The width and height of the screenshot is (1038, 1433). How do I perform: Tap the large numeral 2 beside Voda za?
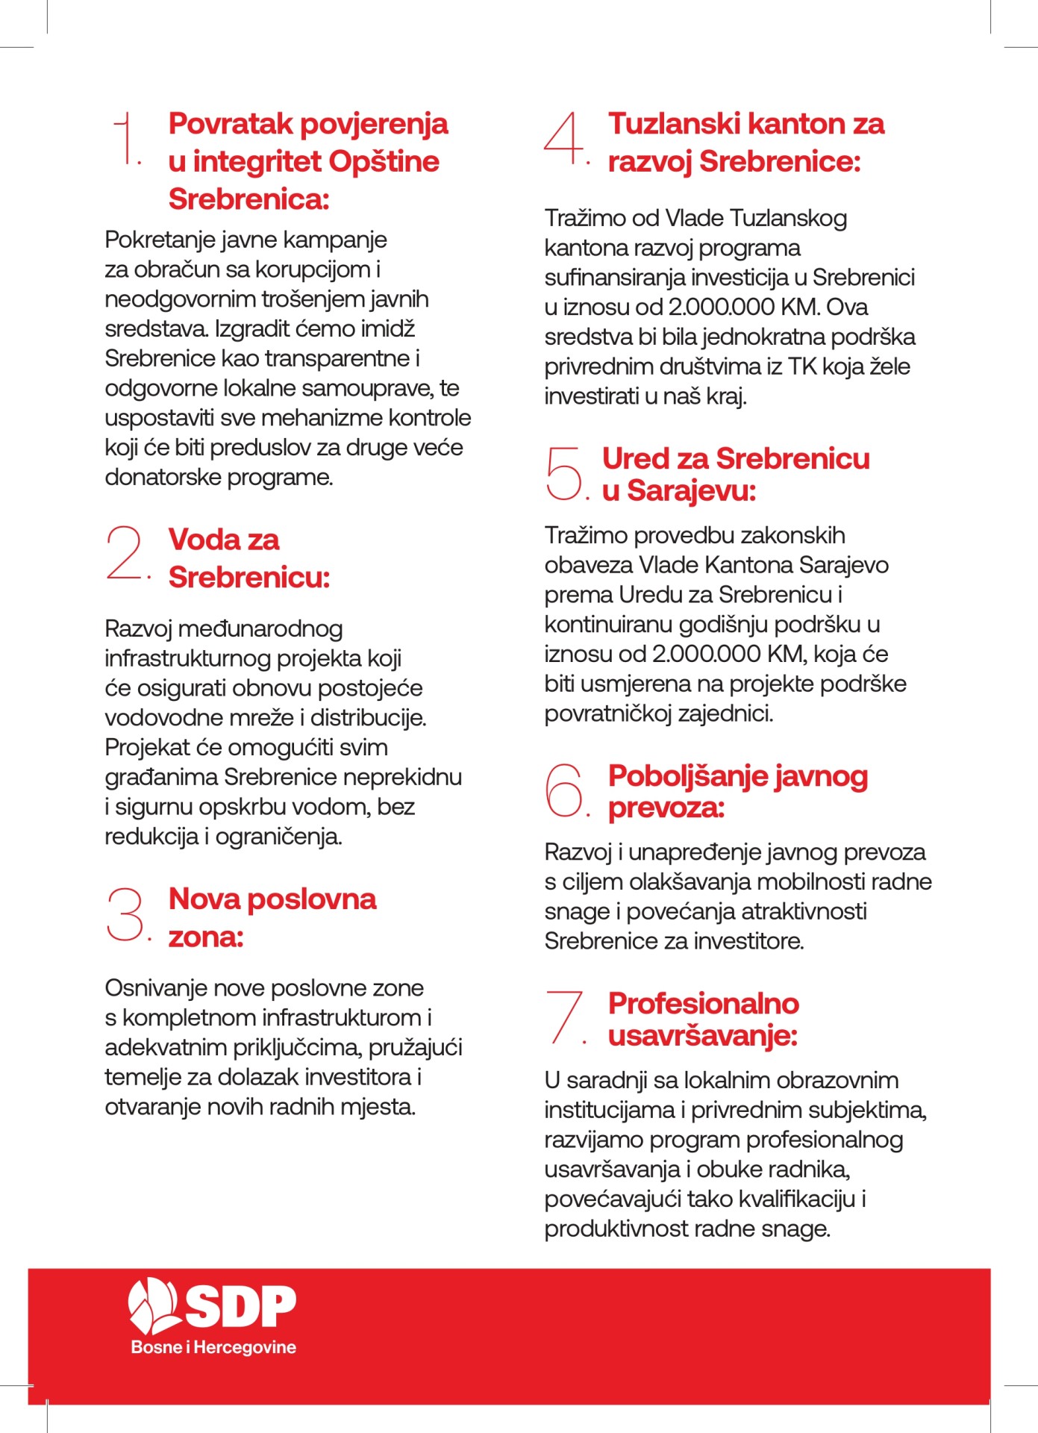[125, 552]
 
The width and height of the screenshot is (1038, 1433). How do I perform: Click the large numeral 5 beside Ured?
[563, 472]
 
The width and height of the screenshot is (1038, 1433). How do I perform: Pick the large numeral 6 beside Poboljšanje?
[563, 790]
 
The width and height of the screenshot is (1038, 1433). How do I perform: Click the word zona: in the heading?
[206, 937]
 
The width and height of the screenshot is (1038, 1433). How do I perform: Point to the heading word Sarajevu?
[691, 491]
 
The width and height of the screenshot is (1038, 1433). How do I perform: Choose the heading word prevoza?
[666, 808]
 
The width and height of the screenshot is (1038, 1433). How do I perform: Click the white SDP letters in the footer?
[240, 1307]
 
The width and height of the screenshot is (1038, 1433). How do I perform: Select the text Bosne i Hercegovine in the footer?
[213, 1347]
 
